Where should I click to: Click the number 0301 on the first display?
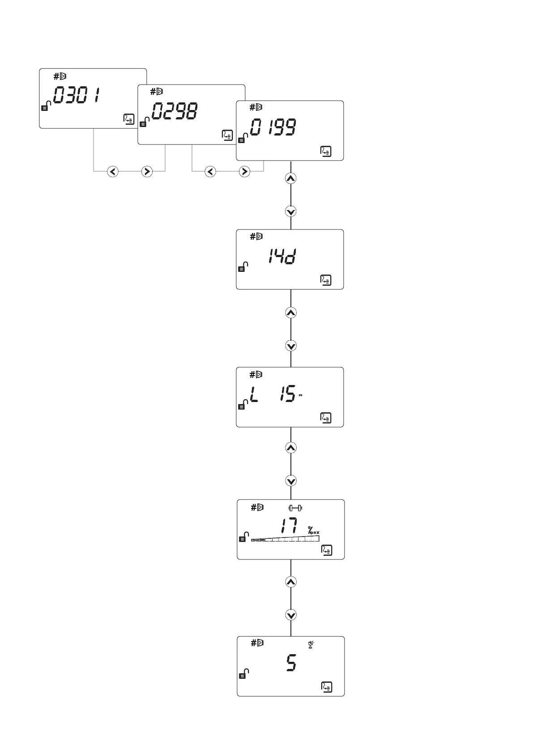point(77,95)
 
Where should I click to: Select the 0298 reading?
point(175,111)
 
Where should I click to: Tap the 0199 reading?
point(273,128)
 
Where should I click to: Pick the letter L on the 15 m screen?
point(254,394)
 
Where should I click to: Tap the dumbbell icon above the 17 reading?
point(295,508)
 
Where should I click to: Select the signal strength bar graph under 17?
point(285,538)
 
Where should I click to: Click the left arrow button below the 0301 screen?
point(113,171)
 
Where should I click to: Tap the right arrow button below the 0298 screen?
point(244,171)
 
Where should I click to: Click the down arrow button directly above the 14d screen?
point(291,211)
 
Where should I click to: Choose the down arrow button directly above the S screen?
point(291,615)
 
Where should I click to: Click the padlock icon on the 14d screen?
point(243,267)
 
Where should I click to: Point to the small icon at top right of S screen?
point(311,644)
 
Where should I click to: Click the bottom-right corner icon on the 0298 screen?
point(227,135)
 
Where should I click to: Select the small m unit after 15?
point(301,395)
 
